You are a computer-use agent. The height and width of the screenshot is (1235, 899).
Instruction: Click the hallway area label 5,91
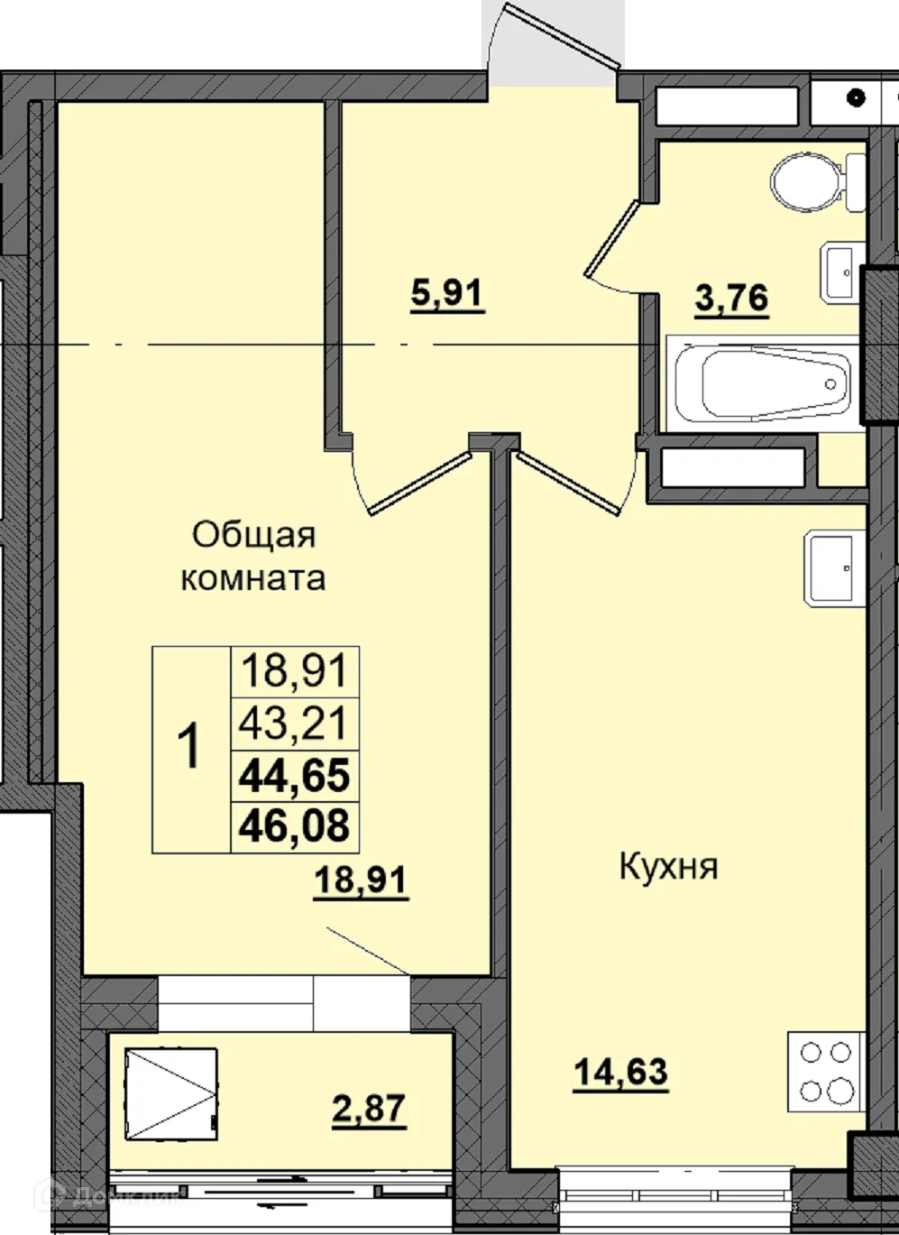point(447,294)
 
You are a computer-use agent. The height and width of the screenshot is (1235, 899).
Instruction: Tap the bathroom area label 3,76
point(731,297)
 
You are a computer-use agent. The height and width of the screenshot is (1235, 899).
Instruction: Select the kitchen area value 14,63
point(620,1073)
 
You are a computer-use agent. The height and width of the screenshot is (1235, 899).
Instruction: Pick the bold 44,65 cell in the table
point(295,775)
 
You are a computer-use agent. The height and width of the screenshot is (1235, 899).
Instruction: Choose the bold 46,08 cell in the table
point(295,825)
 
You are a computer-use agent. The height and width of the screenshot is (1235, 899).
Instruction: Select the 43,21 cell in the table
point(295,723)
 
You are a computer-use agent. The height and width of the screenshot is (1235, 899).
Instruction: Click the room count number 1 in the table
point(191,749)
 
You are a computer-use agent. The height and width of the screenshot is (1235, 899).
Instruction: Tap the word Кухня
point(668,867)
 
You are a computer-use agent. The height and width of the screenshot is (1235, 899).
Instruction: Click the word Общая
point(254,535)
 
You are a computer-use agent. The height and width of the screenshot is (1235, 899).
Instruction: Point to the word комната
point(253,577)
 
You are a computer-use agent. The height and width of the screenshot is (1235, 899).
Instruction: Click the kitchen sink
point(831,567)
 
